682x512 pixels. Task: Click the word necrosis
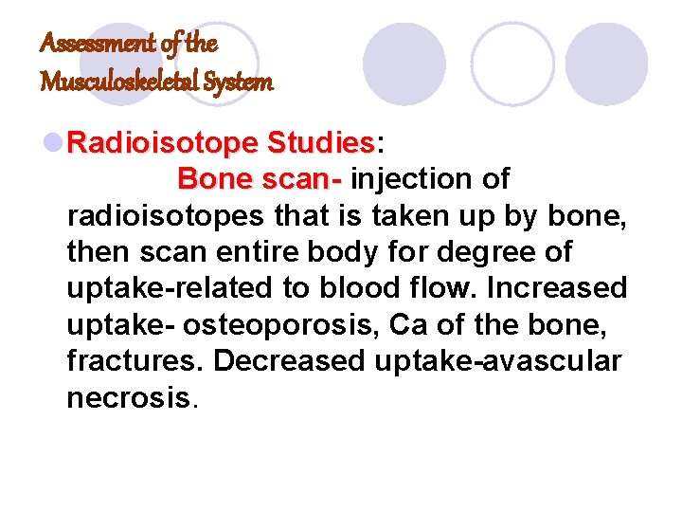pos(129,396)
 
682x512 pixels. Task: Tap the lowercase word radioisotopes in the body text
pos(164,215)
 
